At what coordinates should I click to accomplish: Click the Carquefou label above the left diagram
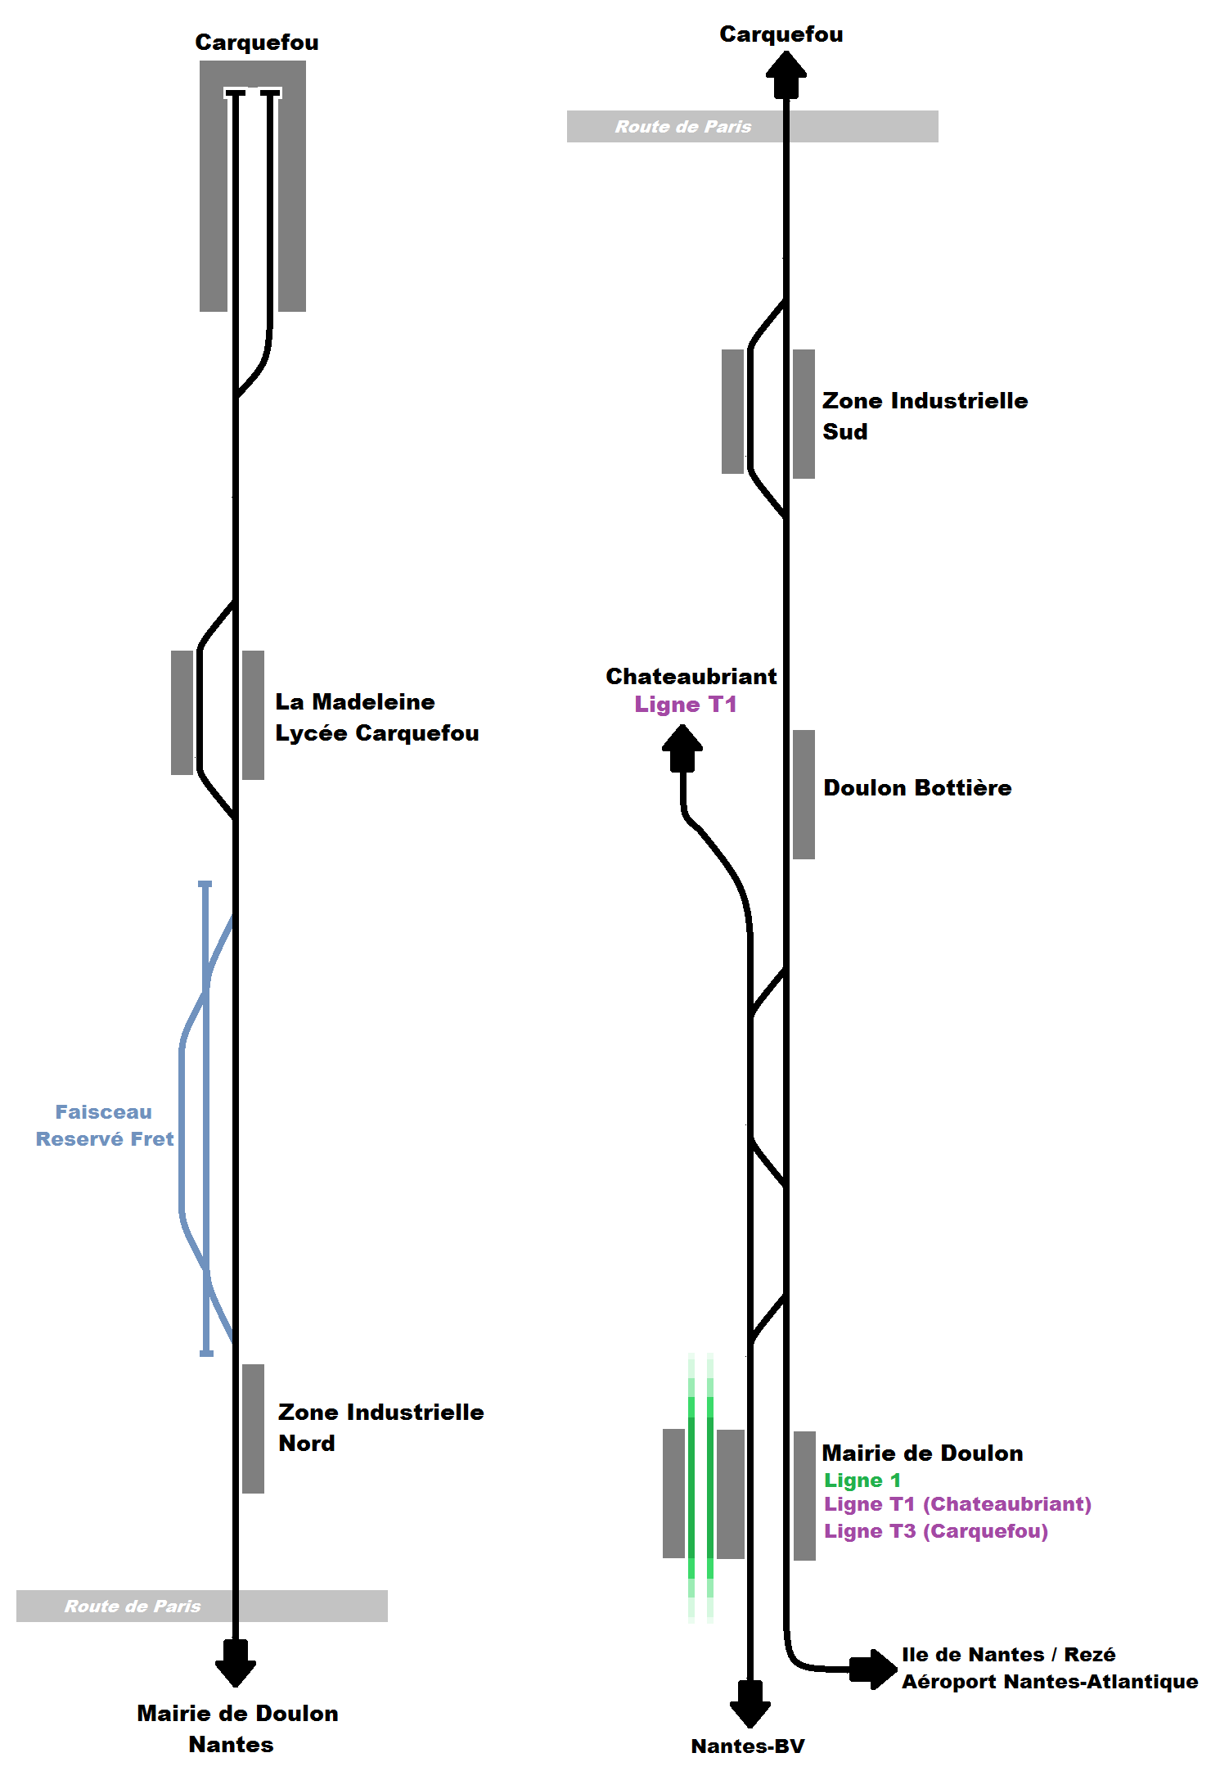257,43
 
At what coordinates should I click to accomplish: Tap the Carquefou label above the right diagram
781,34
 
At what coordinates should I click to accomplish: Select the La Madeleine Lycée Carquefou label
377,717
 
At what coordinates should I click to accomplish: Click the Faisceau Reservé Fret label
105,1125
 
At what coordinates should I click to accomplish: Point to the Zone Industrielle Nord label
381,1427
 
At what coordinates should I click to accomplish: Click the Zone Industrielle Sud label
925,416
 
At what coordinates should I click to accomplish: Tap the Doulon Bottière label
917,787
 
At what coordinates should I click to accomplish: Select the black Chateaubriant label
691,676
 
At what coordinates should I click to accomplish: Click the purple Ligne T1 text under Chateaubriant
686,705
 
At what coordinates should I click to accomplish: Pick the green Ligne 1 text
862,1480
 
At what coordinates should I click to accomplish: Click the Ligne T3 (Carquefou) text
936,1530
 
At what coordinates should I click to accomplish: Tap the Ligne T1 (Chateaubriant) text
958,1503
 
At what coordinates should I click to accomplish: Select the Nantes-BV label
748,1746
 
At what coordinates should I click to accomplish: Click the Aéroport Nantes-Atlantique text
1050,1681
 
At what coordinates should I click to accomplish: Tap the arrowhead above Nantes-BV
750,1704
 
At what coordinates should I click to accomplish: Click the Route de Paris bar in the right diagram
753,127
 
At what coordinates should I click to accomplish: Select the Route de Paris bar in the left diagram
202,1606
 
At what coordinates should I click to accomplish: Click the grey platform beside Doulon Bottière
804,795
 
